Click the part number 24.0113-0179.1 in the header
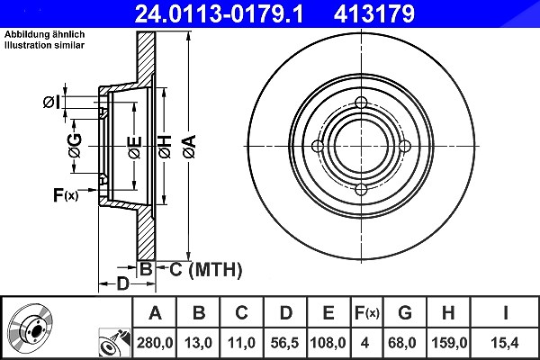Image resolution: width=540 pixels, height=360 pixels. (219, 13)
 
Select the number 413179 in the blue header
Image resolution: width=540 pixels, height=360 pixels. (374, 13)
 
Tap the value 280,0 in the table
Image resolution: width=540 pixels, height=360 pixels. (155, 343)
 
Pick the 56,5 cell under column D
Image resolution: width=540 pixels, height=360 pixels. (284, 343)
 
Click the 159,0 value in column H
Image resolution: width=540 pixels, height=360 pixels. (449, 343)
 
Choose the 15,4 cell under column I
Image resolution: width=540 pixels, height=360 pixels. (506, 343)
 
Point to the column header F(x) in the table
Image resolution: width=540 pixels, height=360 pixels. (367, 313)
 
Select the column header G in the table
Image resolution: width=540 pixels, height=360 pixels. (405, 313)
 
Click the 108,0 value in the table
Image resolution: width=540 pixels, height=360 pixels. (328, 343)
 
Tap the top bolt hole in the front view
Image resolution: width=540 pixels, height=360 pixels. (361, 103)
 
